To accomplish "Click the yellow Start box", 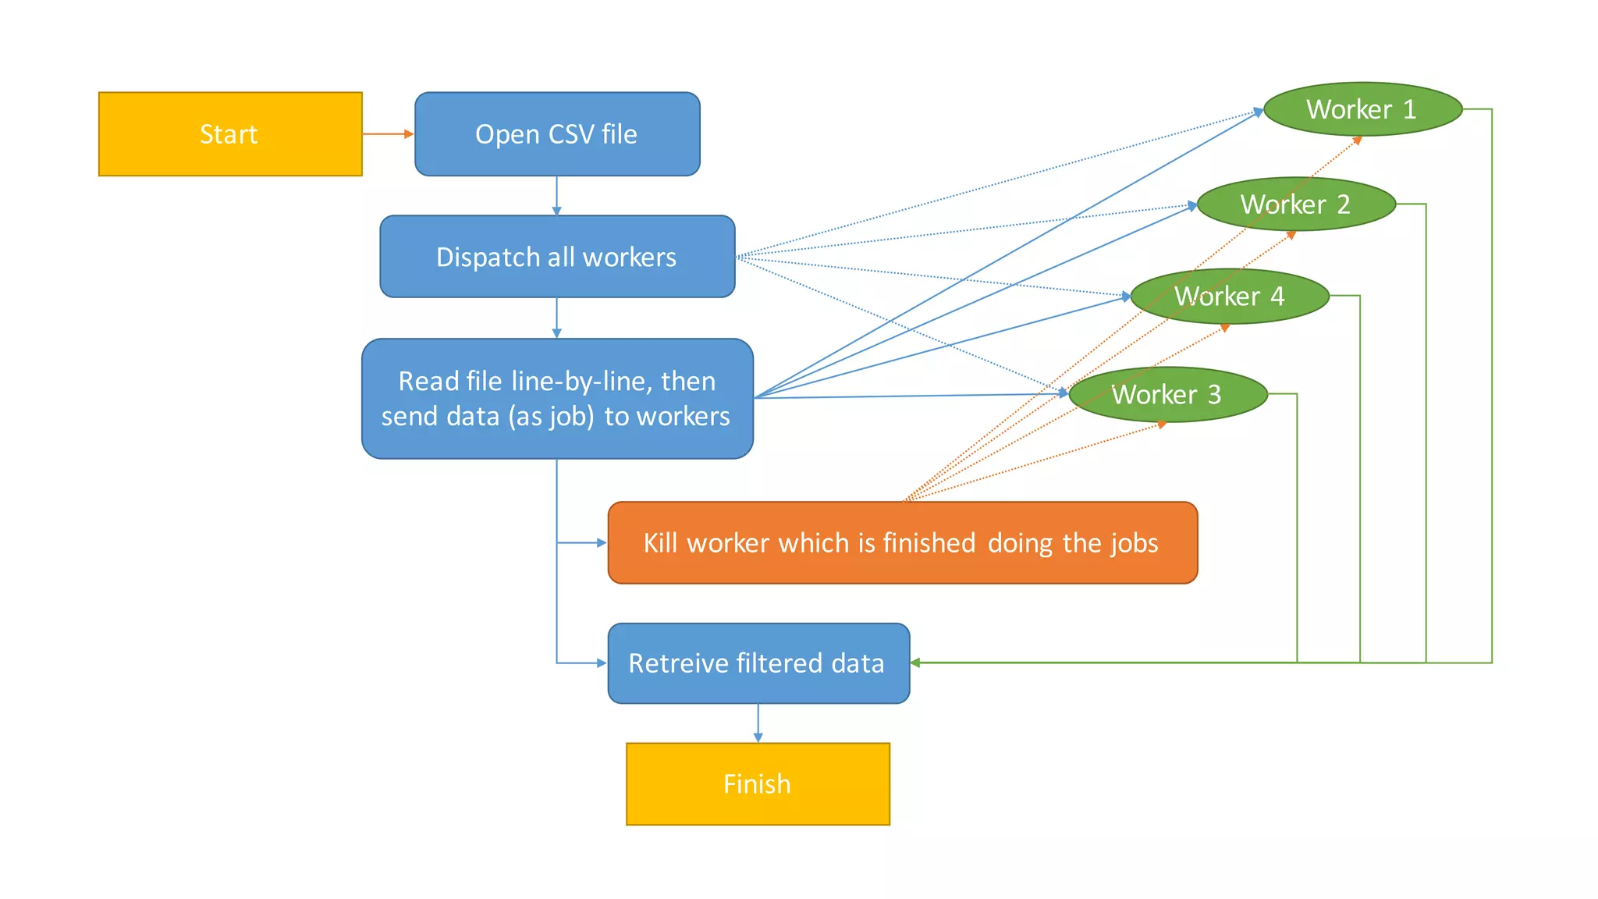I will [x=230, y=134].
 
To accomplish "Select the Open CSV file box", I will [x=556, y=134].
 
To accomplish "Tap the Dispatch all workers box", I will [x=556, y=257].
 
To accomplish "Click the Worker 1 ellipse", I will [x=1362, y=109].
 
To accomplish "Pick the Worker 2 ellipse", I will [x=1295, y=204].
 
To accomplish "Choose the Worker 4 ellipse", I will [x=1229, y=297].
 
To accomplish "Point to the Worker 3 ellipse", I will [x=1167, y=395].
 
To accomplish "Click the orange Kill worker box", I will [x=901, y=543].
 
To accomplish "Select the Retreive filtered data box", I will [x=757, y=663].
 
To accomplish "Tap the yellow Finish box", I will [x=757, y=784].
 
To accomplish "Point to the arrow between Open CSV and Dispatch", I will [x=556, y=196].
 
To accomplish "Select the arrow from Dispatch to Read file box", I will [x=556, y=318].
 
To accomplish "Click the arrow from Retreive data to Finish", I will [x=758, y=723].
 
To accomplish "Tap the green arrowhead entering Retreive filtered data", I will [x=915, y=663].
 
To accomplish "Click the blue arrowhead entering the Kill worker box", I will [x=602, y=542].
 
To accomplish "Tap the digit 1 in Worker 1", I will [x=1409, y=109].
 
